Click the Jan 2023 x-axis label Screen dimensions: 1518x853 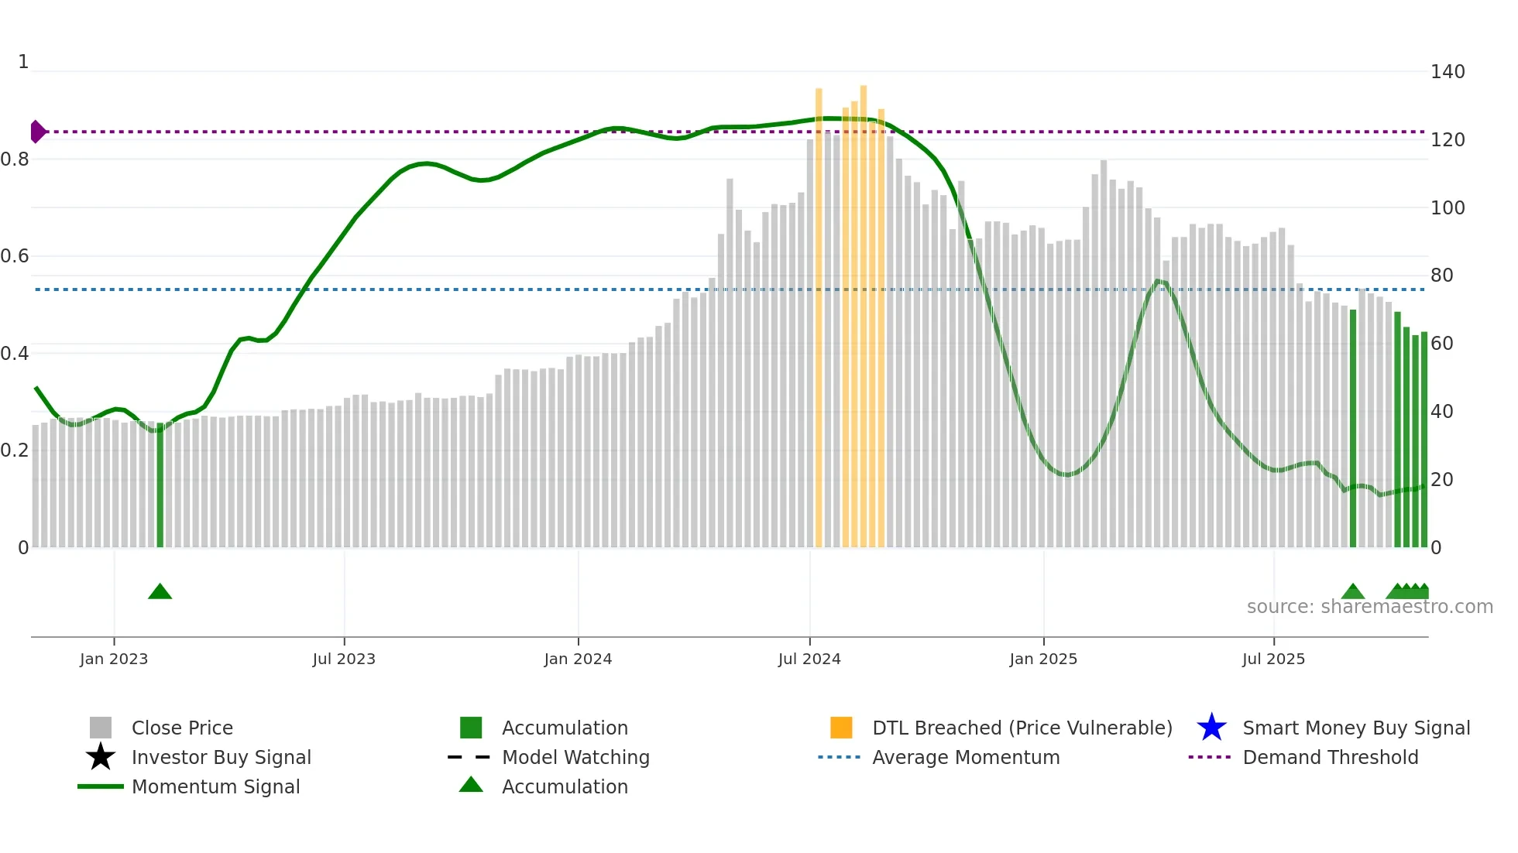click(114, 659)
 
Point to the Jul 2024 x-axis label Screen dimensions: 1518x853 click(809, 659)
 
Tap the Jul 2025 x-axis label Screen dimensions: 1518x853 click(1273, 659)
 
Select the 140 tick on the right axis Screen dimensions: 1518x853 click(1447, 72)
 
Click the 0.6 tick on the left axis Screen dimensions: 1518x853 click(15, 256)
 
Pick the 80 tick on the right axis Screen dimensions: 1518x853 click(1441, 276)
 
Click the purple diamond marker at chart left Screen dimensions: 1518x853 click(37, 132)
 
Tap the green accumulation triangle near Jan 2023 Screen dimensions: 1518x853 click(160, 592)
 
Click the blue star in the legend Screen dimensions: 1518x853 click(1211, 728)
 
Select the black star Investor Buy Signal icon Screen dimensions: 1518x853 click(101, 757)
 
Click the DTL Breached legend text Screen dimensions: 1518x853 click(1022, 728)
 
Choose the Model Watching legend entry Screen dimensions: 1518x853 click(575, 757)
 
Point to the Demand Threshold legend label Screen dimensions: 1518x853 click(1330, 757)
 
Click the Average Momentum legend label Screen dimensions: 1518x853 click(965, 757)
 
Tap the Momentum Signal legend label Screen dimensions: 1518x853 click(215, 786)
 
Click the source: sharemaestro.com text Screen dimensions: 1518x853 click(1369, 607)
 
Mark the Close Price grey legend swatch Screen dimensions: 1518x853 click(101, 728)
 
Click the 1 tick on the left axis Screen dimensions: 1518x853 click(23, 62)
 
